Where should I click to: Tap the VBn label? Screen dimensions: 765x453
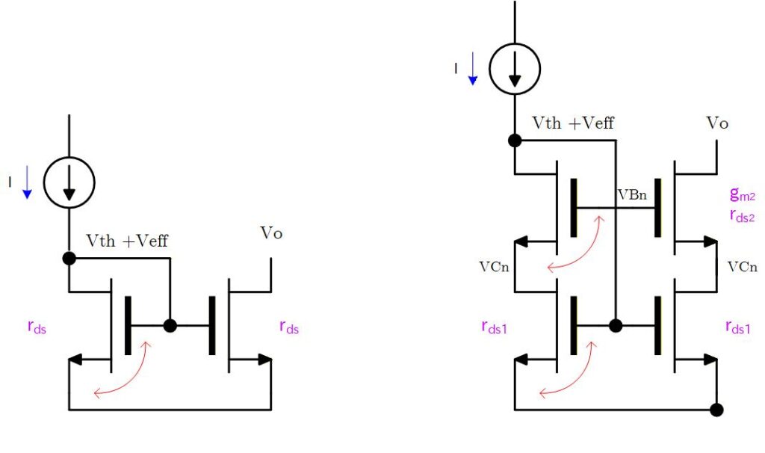[x=632, y=195]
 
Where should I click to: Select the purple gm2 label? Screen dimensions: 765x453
[x=742, y=194]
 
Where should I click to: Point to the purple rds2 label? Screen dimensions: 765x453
[x=742, y=215]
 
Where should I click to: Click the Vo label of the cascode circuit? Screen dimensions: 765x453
[x=717, y=123]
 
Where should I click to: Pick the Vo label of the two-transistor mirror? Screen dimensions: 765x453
[x=271, y=232]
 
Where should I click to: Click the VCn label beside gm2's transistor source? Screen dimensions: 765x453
[x=742, y=267]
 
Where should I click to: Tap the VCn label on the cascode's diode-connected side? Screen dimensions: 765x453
[x=494, y=267]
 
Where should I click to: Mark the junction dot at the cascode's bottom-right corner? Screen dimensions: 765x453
[x=716, y=410]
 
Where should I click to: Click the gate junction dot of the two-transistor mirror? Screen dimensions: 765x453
[x=170, y=326]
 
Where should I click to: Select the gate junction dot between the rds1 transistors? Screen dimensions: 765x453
[x=616, y=326]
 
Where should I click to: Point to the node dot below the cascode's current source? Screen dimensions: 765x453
[x=515, y=141]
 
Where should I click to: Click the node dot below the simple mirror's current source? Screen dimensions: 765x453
[x=69, y=258]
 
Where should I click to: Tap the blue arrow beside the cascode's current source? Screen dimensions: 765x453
[x=472, y=68]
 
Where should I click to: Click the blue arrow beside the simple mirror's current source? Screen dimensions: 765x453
[x=27, y=182]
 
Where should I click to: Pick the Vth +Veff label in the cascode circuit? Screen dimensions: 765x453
[x=573, y=123]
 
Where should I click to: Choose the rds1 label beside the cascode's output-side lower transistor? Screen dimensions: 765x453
[x=738, y=327]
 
